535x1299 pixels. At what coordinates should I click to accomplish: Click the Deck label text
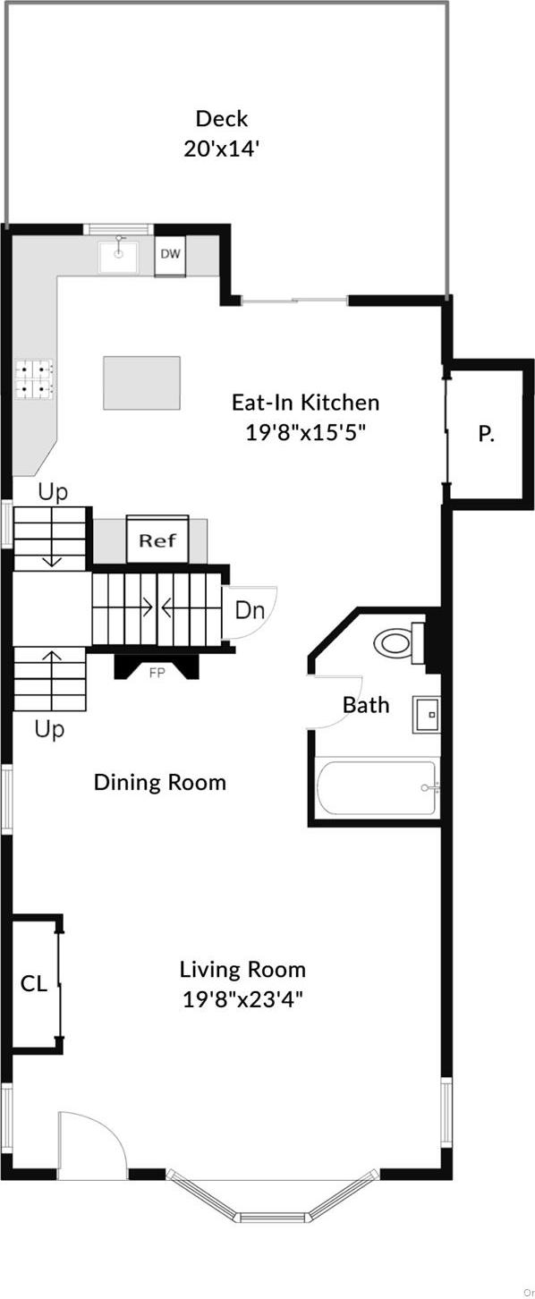click(222, 118)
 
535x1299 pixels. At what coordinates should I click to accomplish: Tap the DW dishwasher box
click(170, 254)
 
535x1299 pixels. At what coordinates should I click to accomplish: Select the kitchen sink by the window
click(118, 256)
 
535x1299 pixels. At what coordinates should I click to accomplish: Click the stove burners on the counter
click(34, 378)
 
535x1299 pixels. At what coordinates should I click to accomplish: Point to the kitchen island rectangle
click(141, 383)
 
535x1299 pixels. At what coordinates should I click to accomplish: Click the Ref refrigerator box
click(157, 540)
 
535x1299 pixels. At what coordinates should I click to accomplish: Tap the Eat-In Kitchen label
click(305, 403)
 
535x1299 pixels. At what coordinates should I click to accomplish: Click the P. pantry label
click(486, 435)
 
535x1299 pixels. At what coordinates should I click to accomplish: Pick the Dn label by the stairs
click(250, 611)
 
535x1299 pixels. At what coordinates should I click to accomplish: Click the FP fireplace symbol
click(157, 672)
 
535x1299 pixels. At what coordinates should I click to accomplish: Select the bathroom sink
click(427, 715)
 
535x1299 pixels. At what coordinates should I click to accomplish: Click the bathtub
click(377, 788)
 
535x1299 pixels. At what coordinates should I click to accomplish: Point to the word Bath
click(366, 705)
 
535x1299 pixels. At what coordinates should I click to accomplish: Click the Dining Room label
click(160, 783)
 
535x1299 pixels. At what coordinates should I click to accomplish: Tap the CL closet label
click(34, 984)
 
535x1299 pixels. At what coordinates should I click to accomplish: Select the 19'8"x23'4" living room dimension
click(242, 999)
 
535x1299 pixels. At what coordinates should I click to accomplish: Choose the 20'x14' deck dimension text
click(222, 149)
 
